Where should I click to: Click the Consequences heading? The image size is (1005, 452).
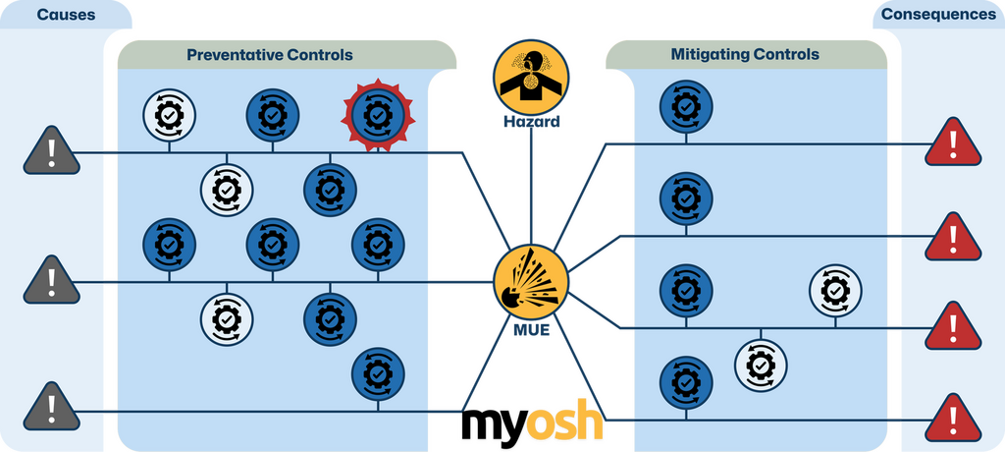(936, 14)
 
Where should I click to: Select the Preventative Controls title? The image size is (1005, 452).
(270, 55)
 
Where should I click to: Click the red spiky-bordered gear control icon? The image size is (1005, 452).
(378, 116)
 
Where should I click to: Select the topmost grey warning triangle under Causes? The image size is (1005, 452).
(50, 151)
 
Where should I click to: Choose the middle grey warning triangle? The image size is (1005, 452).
(50, 281)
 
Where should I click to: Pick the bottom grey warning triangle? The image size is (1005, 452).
(50, 409)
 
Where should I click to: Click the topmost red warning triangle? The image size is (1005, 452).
(952, 144)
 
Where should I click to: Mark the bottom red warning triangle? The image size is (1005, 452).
(952, 420)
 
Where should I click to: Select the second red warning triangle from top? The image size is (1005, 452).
(952, 237)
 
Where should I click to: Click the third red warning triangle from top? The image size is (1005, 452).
(952, 327)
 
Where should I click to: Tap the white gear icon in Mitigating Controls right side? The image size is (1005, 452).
(835, 289)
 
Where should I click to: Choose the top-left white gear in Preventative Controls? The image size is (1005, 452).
(169, 116)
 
